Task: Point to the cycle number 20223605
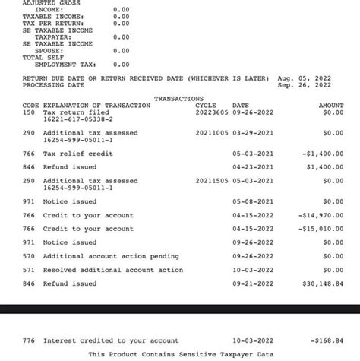pos(210,112)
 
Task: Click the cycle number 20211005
pos(210,133)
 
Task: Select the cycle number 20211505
pos(210,181)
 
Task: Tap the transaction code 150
pos(29,112)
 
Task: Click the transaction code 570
pos(29,256)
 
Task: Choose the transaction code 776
pos(29,341)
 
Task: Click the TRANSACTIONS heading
pos(178,99)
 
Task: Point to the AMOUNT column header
pos(331,106)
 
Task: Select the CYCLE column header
pos(206,106)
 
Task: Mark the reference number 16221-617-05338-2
pos(78,119)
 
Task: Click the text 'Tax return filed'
pos(76,112)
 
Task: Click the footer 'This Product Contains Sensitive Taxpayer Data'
pos(181,354)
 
